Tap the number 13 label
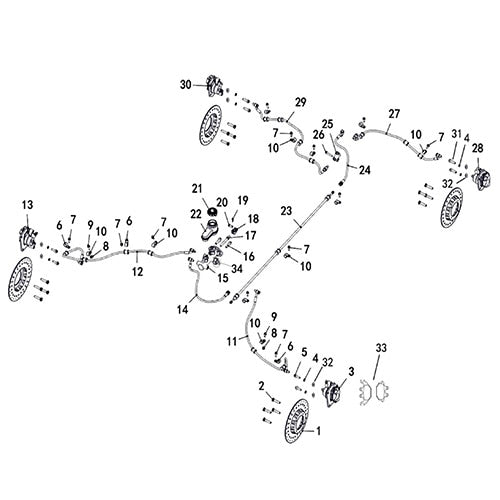tap(27, 204)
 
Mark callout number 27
tap(393, 113)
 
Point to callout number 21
tap(197, 188)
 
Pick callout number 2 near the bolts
tap(262, 385)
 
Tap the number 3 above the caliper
tap(350, 370)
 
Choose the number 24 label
tap(364, 170)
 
